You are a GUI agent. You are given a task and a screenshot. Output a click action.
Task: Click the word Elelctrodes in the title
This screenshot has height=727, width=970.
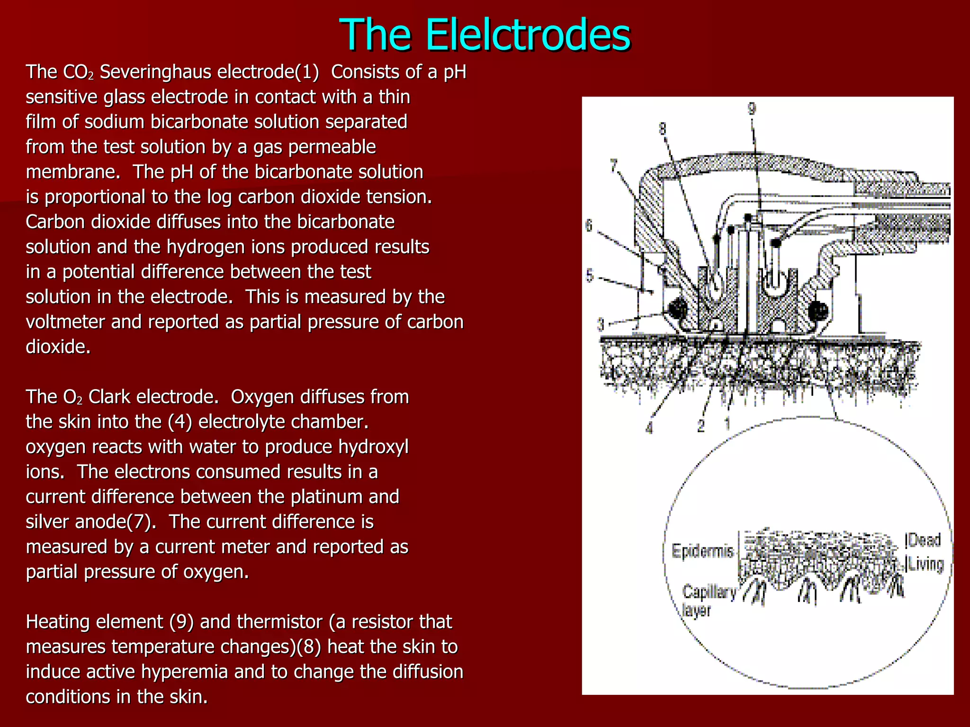[x=528, y=35]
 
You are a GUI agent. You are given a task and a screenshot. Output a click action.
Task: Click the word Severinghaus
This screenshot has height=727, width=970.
[x=156, y=72]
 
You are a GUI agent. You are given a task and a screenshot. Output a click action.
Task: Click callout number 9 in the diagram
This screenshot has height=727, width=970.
[x=752, y=108]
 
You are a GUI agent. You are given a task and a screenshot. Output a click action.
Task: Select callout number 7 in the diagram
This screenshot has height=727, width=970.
[x=614, y=166]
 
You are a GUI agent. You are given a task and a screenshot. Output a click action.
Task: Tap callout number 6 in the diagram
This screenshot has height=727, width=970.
[x=589, y=226]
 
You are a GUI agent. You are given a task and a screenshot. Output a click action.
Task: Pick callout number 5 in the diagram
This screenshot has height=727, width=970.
[x=590, y=275]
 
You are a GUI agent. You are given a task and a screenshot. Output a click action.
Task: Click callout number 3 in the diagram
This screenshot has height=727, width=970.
[x=601, y=325]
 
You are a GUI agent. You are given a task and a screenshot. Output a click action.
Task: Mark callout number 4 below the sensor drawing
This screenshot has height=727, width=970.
[x=649, y=428]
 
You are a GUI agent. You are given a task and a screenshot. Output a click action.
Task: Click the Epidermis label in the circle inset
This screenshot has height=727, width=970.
[x=702, y=551]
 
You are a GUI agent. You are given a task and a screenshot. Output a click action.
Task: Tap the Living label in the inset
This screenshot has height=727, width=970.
[x=925, y=564]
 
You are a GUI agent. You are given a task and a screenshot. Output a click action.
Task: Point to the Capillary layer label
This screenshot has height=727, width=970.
[x=709, y=600]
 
